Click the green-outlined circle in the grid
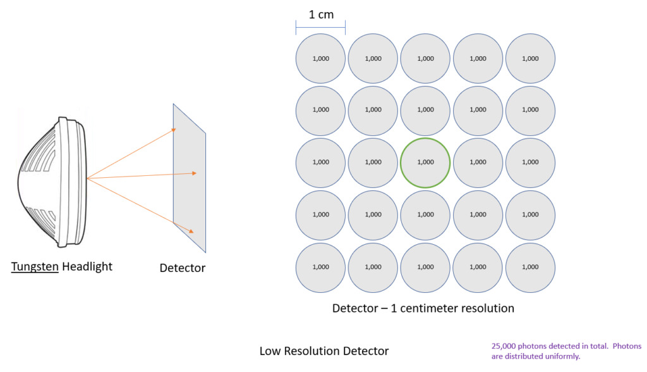425,163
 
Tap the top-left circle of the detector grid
320,58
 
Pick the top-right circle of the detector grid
530,58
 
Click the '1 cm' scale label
321,14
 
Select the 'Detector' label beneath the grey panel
183,268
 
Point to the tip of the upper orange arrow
175,130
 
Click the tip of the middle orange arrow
198,173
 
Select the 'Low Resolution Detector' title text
324,350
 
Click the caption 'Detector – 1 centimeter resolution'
423,309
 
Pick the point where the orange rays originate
87,179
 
